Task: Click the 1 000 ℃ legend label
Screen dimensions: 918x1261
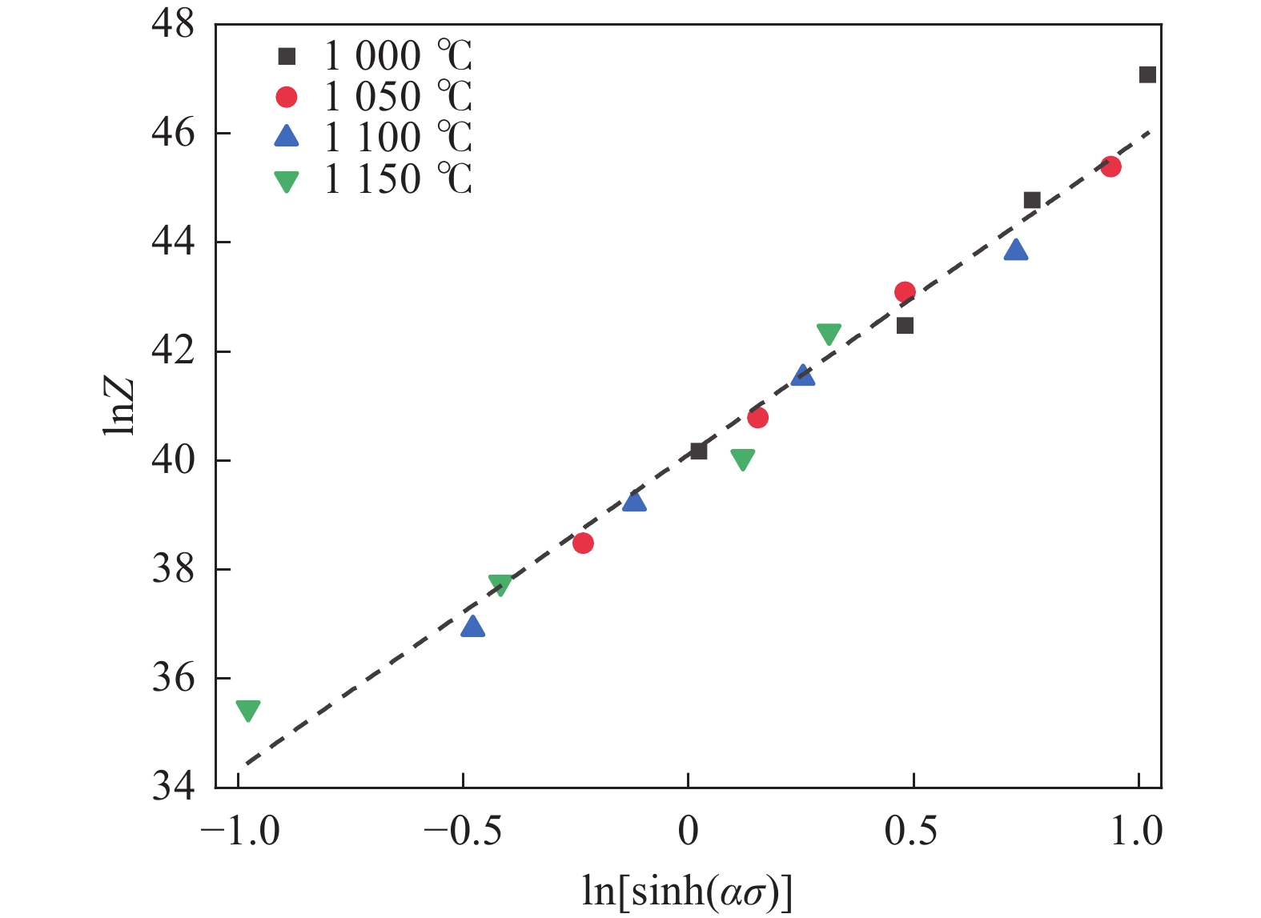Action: point(398,56)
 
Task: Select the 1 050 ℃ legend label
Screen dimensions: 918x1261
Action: point(398,97)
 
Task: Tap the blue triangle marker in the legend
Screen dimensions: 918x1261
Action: point(286,137)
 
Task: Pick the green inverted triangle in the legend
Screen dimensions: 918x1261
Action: point(286,182)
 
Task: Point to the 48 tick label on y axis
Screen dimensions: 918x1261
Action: point(173,24)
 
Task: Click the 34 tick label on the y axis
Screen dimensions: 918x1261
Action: point(173,788)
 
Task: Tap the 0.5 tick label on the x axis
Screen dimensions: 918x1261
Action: point(911,832)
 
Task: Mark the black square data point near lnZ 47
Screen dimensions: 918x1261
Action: point(1147,74)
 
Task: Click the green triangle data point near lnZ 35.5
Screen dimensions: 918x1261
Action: point(248,710)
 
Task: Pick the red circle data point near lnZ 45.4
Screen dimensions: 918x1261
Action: point(1110,166)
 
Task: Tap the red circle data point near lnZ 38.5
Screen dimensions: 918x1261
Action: point(583,543)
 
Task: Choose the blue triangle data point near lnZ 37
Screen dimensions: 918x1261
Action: point(473,627)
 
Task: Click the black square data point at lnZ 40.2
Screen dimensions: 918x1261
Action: point(698,451)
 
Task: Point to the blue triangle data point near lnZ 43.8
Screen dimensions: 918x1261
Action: point(1016,251)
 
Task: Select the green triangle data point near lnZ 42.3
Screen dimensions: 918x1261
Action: point(829,334)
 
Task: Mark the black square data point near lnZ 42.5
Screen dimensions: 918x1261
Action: point(906,326)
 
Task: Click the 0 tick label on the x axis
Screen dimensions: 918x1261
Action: point(688,832)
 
